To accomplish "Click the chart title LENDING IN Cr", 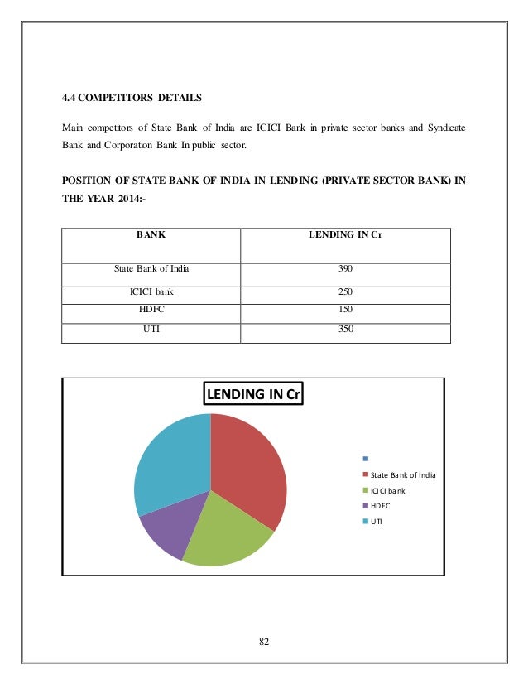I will [254, 394].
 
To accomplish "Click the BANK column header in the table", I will [150, 234].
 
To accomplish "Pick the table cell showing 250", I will [345, 292].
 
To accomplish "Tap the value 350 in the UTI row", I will [345, 329].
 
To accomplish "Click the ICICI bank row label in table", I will [151, 292].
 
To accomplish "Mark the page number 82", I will [264, 643].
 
